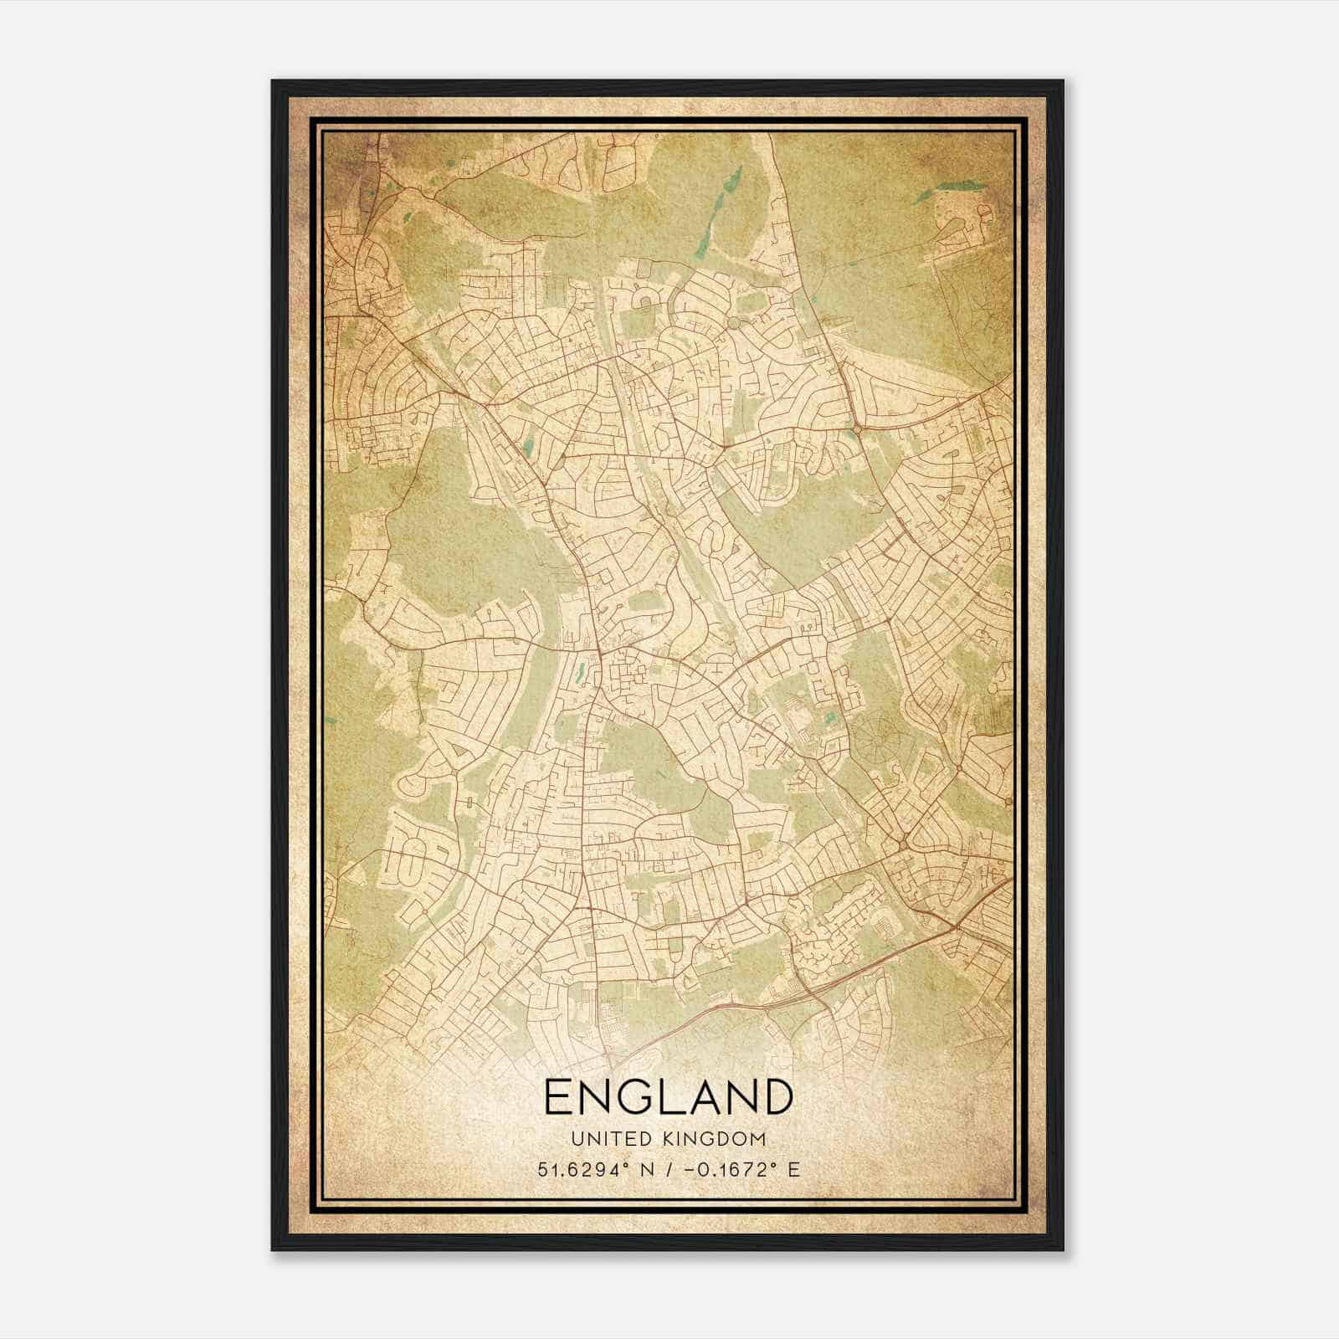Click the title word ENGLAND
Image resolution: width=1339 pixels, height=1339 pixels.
[x=668, y=1096]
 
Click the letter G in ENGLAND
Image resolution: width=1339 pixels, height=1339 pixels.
[x=639, y=1096]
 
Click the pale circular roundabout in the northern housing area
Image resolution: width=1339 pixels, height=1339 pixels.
[x=734, y=322]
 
